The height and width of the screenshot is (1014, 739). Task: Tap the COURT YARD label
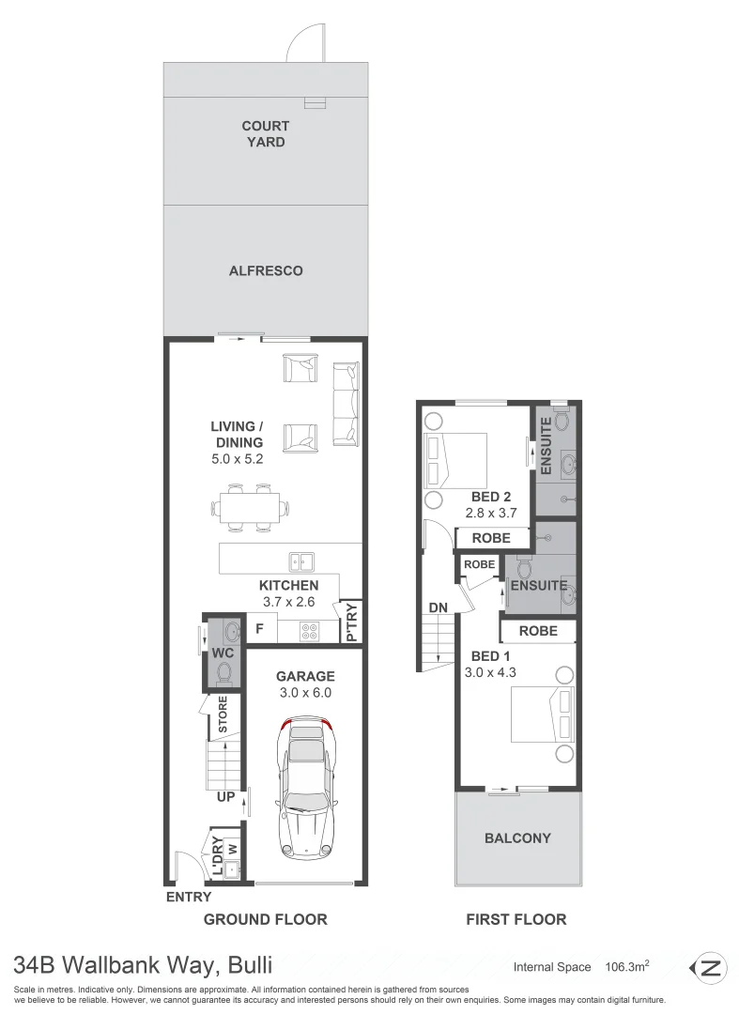click(x=265, y=134)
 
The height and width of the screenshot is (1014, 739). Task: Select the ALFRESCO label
click(x=266, y=270)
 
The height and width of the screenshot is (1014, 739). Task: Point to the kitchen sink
click(x=302, y=562)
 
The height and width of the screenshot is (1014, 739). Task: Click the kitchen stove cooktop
click(x=311, y=630)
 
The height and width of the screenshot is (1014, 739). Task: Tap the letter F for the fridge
click(x=260, y=629)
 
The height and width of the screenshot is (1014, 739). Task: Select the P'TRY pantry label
click(x=351, y=622)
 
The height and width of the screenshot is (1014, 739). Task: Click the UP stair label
click(x=226, y=796)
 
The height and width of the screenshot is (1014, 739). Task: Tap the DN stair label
click(x=438, y=607)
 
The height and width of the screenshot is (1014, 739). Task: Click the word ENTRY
click(x=189, y=898)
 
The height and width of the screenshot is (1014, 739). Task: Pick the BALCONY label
click(x=517, y=837)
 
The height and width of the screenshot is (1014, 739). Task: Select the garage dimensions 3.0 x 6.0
click(x=305, y=693)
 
